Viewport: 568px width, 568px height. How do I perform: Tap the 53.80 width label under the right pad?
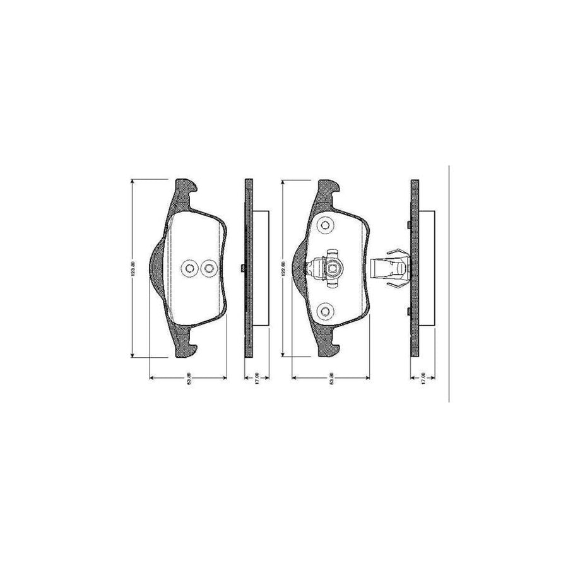pyautogui.click(x=333, y=381)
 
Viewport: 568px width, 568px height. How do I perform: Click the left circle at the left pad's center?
pyautogui.click(x=189, y=269)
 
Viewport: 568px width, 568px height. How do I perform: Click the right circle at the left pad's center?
pyautogui.click(x=208, y=269)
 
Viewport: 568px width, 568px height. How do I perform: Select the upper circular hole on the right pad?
pyautogui.click(x=326, y=225)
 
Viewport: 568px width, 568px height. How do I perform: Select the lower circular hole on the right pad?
pyautogui.click(x=326, y=311)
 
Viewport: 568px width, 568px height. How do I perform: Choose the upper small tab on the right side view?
pyautogui.click(x=409, y=225)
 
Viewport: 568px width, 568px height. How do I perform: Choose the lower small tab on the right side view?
pyautogui.click(x=409, y=311)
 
